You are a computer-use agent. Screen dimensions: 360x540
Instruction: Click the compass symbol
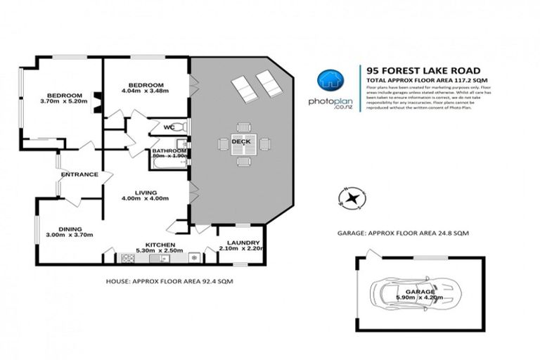pyautogui.click(x=352, y=198)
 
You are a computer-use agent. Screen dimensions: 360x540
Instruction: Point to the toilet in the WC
pyautogui.click(x=181, y=127)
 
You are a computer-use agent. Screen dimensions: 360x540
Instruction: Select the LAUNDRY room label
pyautogui.click(x=239, y=242)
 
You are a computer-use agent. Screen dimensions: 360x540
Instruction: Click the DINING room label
pyautogui.click(x=70, y=229)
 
